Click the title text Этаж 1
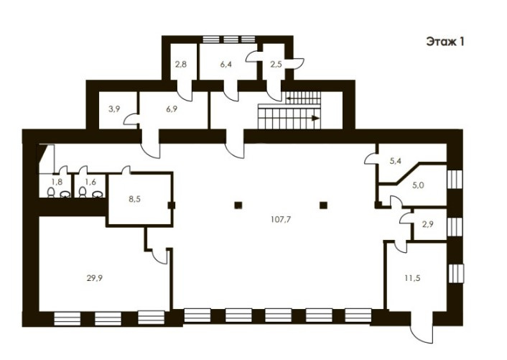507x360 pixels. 445,42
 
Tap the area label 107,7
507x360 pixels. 281,220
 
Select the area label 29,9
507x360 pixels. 95,278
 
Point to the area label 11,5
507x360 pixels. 413,278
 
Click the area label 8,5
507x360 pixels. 134,199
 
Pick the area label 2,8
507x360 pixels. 181,64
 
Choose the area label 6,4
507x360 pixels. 226,64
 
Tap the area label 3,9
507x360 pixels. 114,109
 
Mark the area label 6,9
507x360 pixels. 172,109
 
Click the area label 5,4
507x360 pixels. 396,161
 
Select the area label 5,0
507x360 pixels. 418,185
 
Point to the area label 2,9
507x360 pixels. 428,224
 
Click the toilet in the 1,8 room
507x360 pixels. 51,192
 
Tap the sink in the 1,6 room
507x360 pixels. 98,194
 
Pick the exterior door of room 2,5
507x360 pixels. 295,63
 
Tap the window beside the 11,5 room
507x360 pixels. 456,274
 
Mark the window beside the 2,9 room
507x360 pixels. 455,227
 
